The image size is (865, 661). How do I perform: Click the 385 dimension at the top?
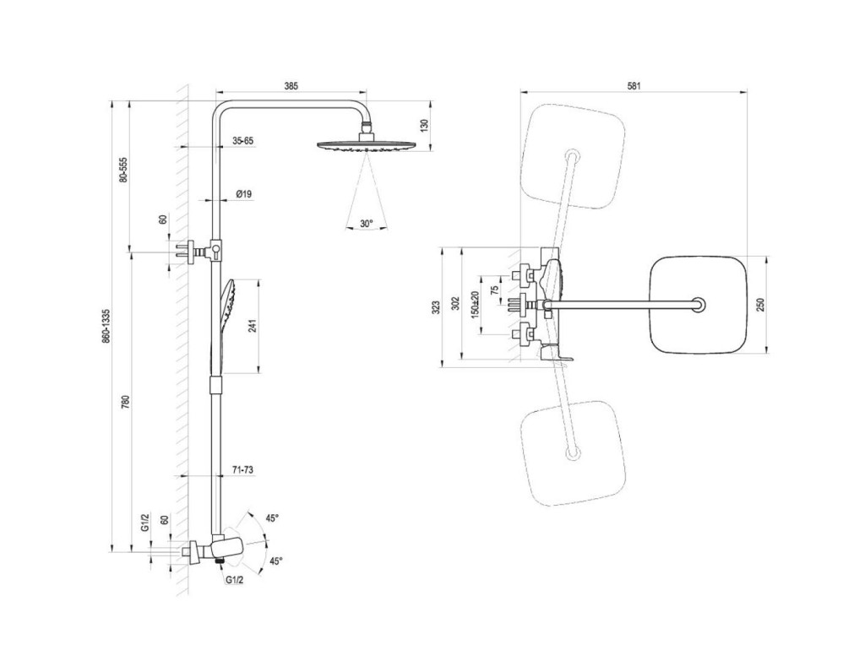point(291,86)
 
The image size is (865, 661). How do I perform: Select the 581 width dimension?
point(634,86)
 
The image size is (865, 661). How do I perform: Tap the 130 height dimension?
point(424,125)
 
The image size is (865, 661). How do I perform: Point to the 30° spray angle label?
point(367,223)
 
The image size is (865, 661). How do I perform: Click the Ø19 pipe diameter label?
point(244,194)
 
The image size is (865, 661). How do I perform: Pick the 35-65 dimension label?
point(242,141)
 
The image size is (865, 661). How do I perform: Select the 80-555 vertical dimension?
point(123,170)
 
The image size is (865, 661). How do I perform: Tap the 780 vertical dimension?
point(125,402)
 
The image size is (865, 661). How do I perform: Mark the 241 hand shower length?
point(252,327)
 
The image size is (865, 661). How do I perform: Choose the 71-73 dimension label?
point(242,470)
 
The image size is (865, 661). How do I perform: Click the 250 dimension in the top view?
point(761,304)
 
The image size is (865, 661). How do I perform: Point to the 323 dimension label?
point(436,307)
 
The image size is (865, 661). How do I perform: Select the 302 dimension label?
point(455,304)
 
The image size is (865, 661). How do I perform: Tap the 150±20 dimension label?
point(475,304)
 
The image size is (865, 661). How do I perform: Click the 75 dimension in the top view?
point(494,289)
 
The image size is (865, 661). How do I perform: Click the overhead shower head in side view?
point(365,145)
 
